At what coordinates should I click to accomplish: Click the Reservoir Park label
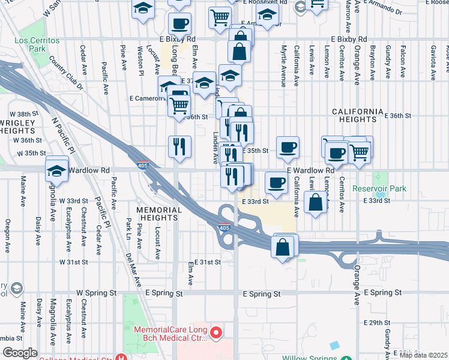(379, 189)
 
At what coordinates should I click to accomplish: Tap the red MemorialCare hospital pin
(217, 331)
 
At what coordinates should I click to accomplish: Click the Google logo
(20, 353)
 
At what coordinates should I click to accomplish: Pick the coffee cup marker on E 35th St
(288, 148)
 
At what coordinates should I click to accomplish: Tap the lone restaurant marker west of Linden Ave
(179, 147)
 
